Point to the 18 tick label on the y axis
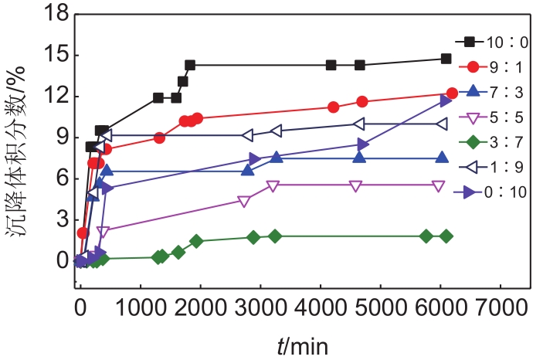pyautogui.click(x=56, y=15)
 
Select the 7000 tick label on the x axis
pyautogui.click(x=499, y=304)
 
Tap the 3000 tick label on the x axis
pyautogui.click(x=260, y=304)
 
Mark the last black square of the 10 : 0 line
pyautogui.click(x=446, y=59)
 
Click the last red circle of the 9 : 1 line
pyautogui.click(x=452, y=93)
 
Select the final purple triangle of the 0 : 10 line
pyautogui.click(x=446, y=100)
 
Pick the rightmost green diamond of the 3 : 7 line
pyautogui.click(x=446, y=236)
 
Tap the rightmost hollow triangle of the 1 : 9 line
pyautogui.click(x=441, y=124)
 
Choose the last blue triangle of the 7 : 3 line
pyautogui.click(x=442, y=158)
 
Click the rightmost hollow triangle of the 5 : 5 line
pyautogui.click(x=438, y=185)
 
